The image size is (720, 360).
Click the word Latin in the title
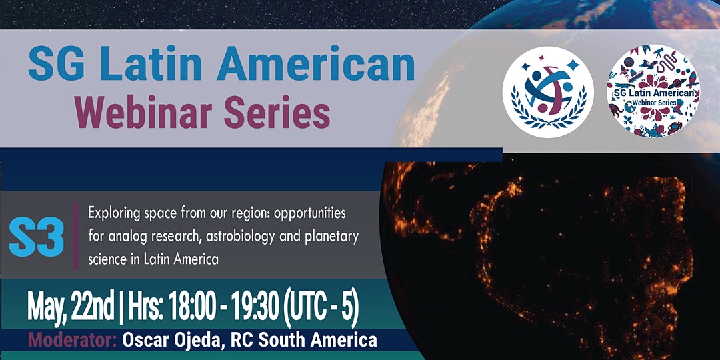pos(151,63)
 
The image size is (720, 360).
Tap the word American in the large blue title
pos(316,63)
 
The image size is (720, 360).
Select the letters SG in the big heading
pos(56,63)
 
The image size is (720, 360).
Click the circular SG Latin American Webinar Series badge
pos(653,91)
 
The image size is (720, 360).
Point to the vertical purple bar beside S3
pos(76,236)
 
